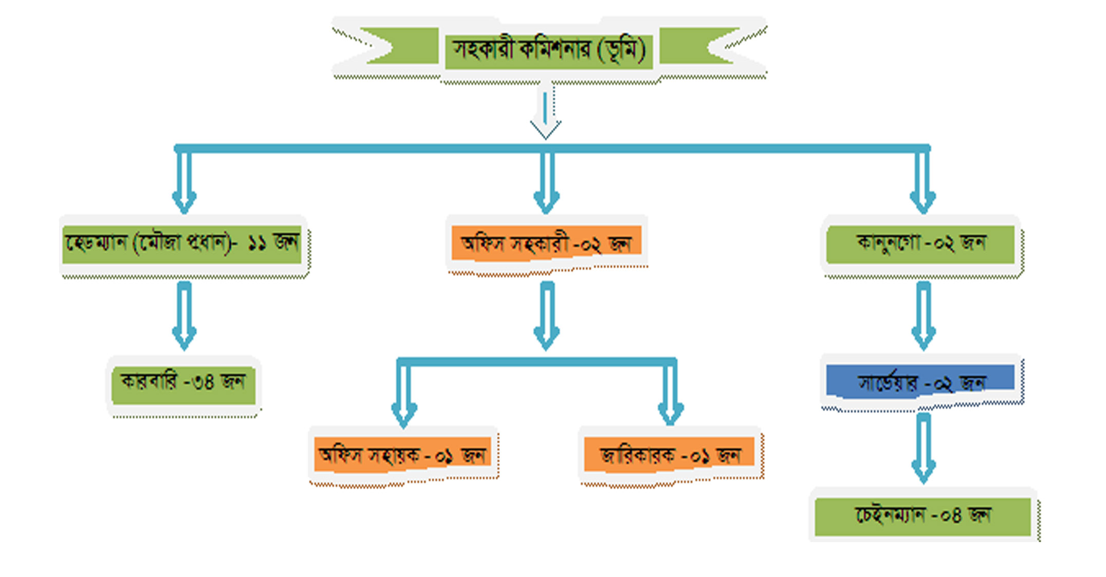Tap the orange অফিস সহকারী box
pyautogui.click(x=546, y=243)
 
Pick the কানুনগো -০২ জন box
pyautogui.click(x=920, y=244)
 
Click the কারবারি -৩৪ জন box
pyautogui.click(x=183, y=383)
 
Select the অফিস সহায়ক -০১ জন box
pyautogui.click(x=403, y=455)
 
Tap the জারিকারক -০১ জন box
pyautogui.click(x=669, y=455)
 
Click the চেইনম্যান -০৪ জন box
pyautogui.click(x=923, y=515)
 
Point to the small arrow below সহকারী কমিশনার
pyautogui.click(x=545, y=113)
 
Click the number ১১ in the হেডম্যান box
pyautogui.click(x=257, y=243)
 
